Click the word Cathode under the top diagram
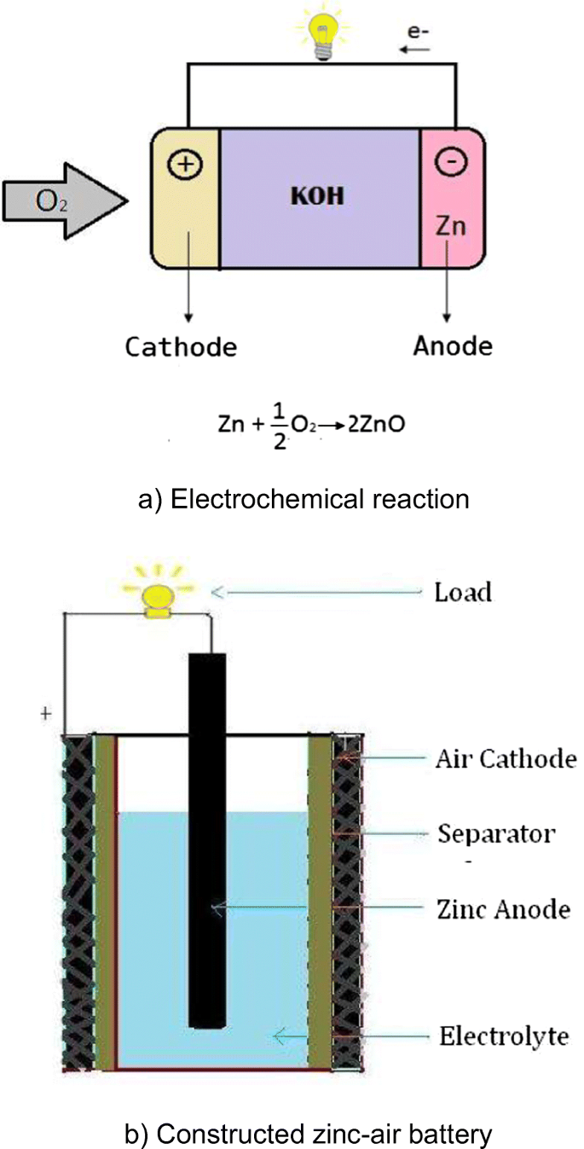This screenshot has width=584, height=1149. (180, 347)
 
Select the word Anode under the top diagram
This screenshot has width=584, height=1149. (453, 347)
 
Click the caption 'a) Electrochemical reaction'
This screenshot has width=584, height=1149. (304, 498)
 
